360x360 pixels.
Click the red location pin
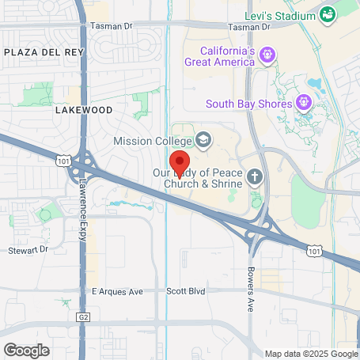pos(180,162)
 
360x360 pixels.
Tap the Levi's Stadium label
pos(288,15)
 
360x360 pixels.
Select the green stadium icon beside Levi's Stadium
pos(327,14)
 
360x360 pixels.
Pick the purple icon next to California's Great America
pos(267,55)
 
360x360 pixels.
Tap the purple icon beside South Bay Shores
pos(303,102)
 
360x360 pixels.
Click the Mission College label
pos(152,141)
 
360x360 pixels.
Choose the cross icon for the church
pos(256,176)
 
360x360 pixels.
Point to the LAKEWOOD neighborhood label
pos(84,111)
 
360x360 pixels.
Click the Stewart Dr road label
pos(29,250)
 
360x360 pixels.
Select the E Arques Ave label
pos(117,291)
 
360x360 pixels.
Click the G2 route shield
pos(81,316)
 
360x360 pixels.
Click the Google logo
pos(27,349)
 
